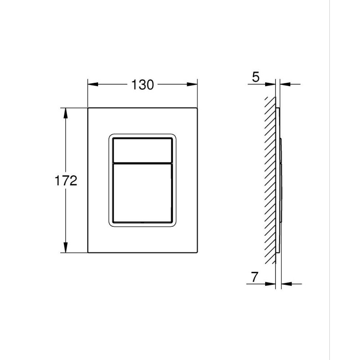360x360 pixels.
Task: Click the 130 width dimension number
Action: point(142,85)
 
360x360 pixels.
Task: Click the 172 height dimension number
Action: point(66,180)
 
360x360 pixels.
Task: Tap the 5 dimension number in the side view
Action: point(256,77)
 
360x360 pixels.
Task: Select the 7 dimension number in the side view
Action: point(255,277)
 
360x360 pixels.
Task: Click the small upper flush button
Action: point(142,150)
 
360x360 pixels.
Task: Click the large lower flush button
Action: point(142,193)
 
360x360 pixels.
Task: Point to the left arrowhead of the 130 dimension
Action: point(93,84)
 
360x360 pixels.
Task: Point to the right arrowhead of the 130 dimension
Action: point(192,84)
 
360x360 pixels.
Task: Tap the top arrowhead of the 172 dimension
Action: point(66,113)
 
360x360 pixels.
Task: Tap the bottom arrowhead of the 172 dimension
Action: point(66,247)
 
